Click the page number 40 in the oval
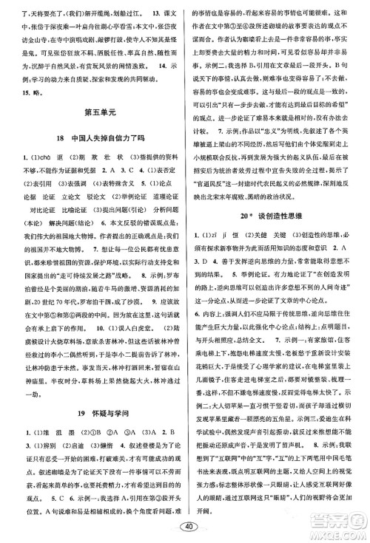click(x=186, y=526)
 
